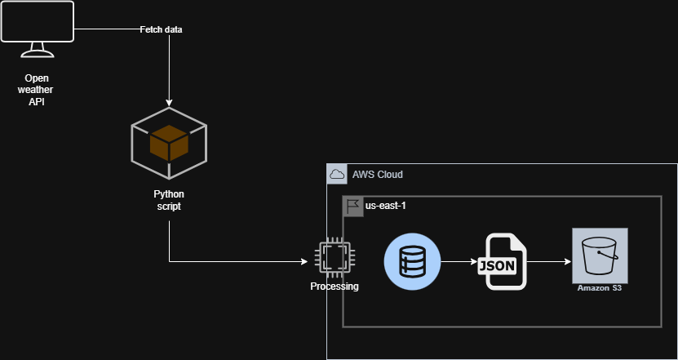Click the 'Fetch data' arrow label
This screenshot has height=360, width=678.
[161, 29]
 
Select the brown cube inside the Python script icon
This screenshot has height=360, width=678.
[169, 144]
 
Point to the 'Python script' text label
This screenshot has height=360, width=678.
[169, 200]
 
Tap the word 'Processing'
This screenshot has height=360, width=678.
[334, 287]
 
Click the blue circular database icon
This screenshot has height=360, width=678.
[412, 262]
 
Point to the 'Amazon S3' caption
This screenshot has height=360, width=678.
[600, 287]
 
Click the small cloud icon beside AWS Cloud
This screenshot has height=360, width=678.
[336, 174]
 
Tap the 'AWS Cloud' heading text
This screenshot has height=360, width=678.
[377, 175]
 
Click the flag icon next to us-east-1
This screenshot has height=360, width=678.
[352, 206]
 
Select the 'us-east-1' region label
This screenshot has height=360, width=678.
[385, 206]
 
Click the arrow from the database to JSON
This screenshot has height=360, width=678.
[459, 262]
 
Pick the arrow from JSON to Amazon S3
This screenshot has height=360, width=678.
[549, 262]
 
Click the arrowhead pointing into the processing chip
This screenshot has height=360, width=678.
[305, 262]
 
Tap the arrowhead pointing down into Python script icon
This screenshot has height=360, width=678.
[169, 100]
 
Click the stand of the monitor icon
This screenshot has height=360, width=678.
[38, 53]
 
